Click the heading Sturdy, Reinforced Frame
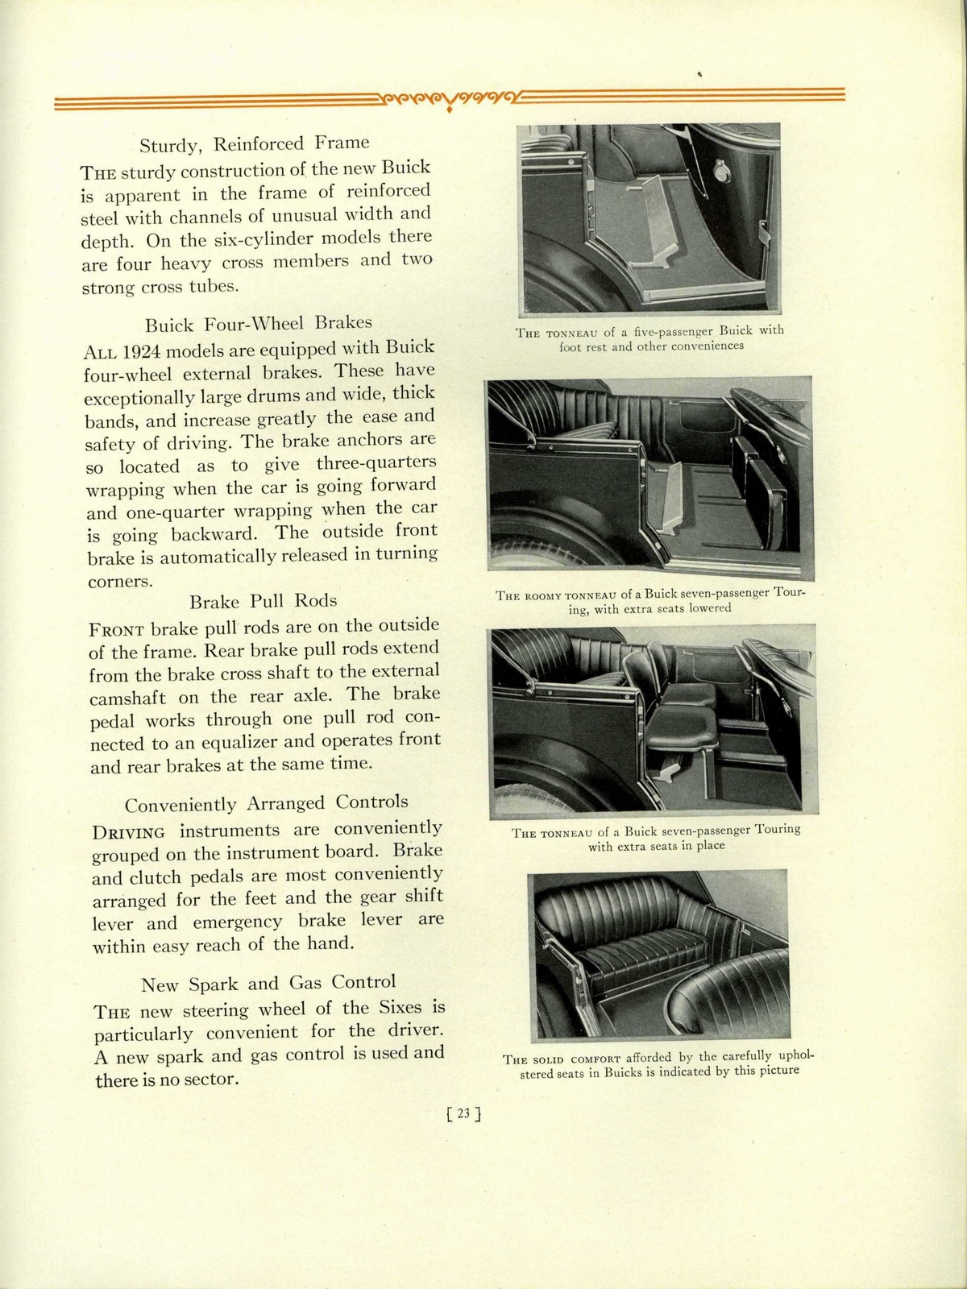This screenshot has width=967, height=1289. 255,144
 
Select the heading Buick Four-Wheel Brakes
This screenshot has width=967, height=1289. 259,324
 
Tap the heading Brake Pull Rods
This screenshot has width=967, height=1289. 263,601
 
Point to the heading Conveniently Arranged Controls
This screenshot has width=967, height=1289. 266,803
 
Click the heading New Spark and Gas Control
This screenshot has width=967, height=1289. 268,983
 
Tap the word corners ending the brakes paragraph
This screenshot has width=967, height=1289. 119,581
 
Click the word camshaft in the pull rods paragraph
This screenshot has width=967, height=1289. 129,698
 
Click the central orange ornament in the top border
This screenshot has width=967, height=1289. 449,101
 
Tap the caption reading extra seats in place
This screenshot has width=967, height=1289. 656,837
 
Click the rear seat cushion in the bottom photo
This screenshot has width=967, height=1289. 645,954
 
